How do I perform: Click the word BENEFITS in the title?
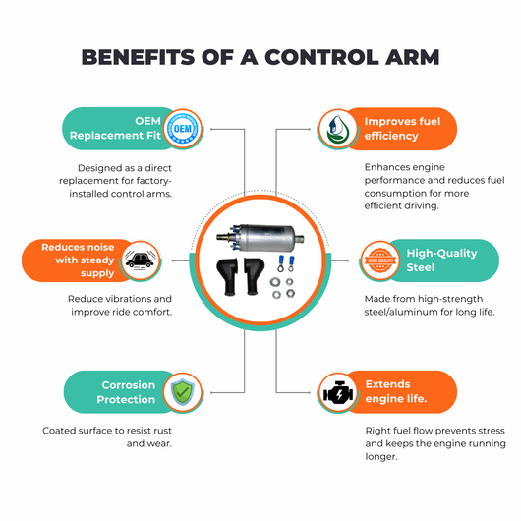138,57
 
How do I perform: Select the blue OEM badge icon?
183,129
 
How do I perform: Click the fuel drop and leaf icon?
337,129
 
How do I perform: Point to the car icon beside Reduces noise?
140,260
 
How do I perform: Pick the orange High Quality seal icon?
380,260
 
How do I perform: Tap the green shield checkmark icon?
183,392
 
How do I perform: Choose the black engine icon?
338,392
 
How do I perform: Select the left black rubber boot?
227,275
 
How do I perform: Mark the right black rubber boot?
255,275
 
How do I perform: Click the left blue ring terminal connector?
281,263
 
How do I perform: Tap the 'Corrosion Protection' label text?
126,392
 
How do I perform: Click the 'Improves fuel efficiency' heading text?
402,128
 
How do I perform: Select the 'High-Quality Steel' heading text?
442,260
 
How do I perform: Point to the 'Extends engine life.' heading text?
396,391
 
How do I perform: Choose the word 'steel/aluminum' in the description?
400,312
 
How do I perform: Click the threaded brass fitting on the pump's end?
223,237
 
